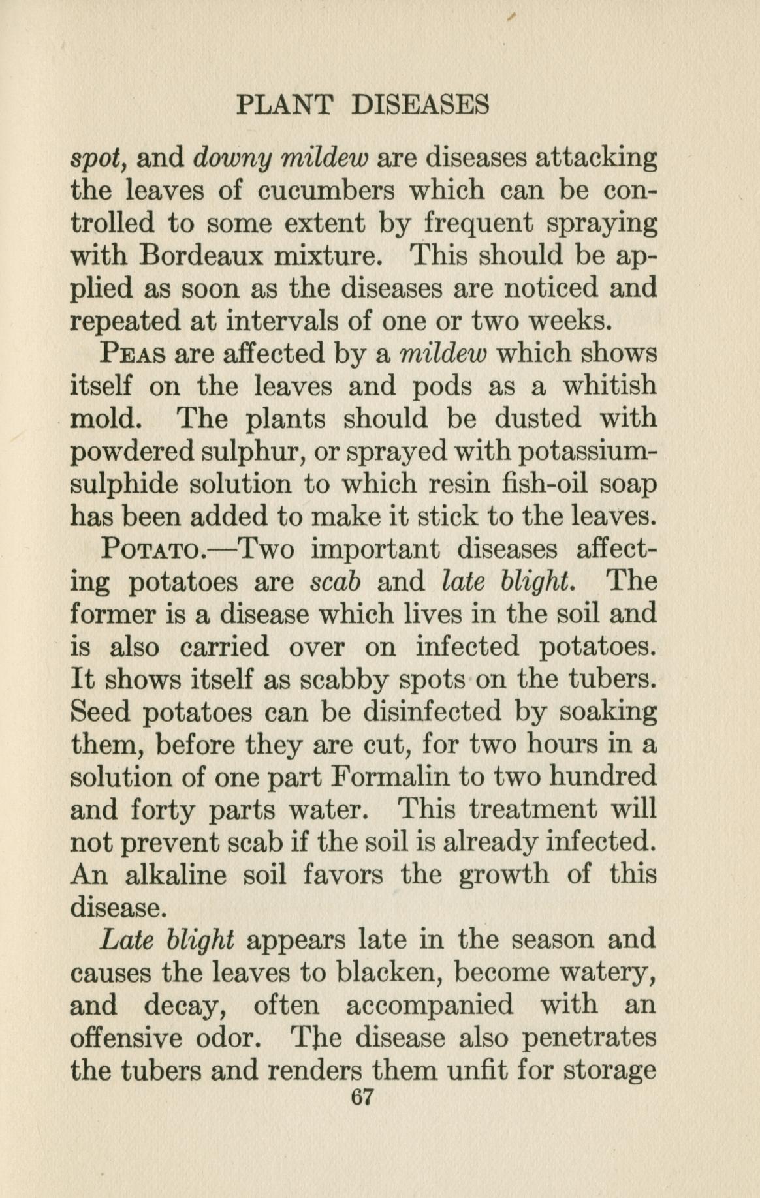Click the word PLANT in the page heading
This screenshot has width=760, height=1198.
point(285,104)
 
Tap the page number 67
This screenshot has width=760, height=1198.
point(361,1097)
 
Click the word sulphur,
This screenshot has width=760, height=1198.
point(251,452)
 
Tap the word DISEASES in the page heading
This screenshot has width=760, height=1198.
point(419,104)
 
